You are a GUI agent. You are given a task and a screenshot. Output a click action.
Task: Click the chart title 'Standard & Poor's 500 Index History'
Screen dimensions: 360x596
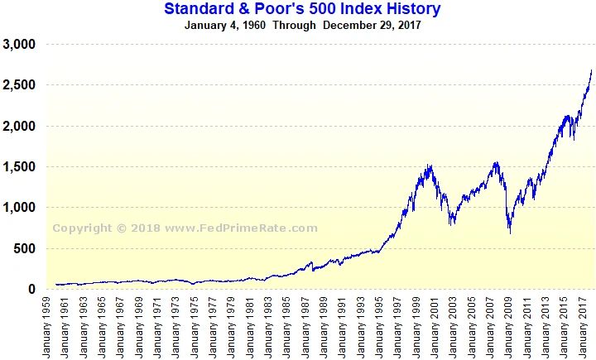302,9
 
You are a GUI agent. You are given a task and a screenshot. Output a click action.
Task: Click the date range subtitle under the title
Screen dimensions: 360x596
302,25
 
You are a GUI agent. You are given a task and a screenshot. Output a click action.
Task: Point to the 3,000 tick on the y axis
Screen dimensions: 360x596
19,45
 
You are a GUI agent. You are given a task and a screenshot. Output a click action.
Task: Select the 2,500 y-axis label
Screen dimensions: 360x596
19,85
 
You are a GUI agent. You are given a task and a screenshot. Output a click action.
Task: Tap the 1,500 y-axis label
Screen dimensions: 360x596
19,167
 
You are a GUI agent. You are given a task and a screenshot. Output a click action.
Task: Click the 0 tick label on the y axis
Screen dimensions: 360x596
33,290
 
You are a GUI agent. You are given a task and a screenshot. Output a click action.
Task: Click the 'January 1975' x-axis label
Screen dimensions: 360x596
194,327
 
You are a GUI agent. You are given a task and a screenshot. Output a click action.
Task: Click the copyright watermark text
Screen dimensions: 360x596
185,228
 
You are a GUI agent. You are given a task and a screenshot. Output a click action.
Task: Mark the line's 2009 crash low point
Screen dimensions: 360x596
510,233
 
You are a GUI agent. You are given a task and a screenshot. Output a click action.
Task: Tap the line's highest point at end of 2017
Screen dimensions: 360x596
591,70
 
